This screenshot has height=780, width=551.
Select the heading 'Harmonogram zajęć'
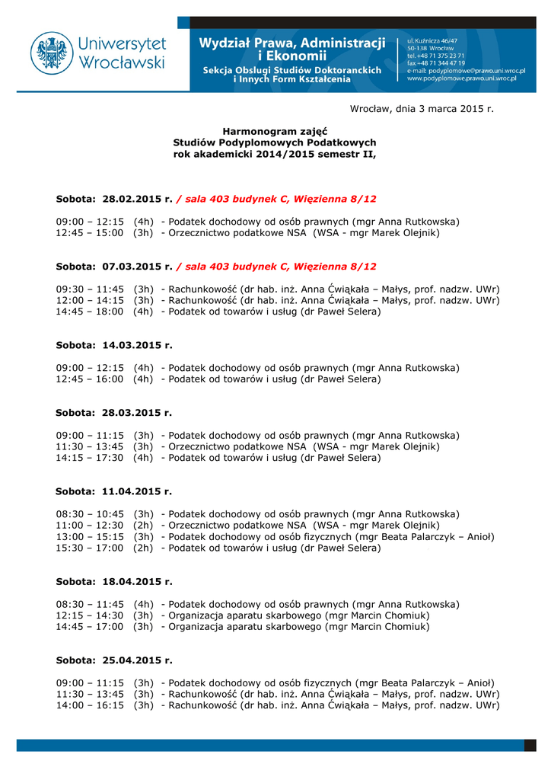tap(275, 131)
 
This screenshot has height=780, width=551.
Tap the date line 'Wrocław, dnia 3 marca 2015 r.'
tap(422, 108)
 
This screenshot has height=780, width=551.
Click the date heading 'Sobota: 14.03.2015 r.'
tap(114, 345)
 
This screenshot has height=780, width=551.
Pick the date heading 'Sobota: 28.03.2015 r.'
tap(114, 412)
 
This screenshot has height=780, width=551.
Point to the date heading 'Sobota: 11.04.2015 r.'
tap(114, 491)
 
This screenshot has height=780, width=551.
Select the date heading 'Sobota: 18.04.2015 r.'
tap(114, 581)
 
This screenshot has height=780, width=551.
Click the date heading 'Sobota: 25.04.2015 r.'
tap(114, 660)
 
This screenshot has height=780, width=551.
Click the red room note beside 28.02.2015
tap(276, 199)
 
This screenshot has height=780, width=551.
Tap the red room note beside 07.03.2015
tap(276, 267)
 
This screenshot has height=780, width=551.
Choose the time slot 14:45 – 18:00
tap(90, 311)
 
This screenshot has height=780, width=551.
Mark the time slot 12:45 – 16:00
tap(90, 379)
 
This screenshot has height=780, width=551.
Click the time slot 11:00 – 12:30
tap(90, 525)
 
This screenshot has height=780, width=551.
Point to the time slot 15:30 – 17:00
tap(90, 548)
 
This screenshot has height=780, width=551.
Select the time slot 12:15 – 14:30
tap(90, 615)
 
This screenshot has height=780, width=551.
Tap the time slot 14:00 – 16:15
tap(90, 705)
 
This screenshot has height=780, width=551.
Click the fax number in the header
tap(436, 62)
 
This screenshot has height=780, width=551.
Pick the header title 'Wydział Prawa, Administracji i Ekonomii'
tap(292, 49)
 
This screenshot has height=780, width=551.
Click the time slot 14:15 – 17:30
tap(90, 458)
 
